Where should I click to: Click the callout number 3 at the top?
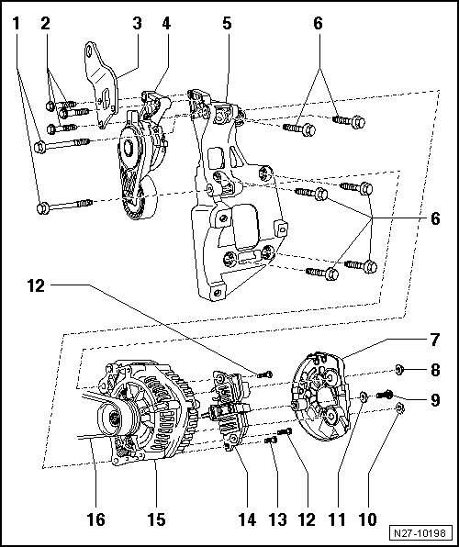137,23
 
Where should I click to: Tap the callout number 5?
227,23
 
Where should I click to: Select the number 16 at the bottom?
95,519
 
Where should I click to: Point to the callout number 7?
434,340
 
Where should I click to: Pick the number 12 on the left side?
37,285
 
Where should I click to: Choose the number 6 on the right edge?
435,218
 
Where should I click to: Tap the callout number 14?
247,519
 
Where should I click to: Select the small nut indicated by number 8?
399,369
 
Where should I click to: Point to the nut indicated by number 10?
400,407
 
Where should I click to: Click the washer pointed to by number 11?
364,396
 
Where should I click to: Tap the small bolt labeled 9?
385,395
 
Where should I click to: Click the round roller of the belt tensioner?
143,198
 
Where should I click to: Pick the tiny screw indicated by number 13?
271,441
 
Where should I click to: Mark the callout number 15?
156,519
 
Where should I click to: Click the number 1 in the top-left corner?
16,23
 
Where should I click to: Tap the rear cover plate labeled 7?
320,396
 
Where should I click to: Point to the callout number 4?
166,23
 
